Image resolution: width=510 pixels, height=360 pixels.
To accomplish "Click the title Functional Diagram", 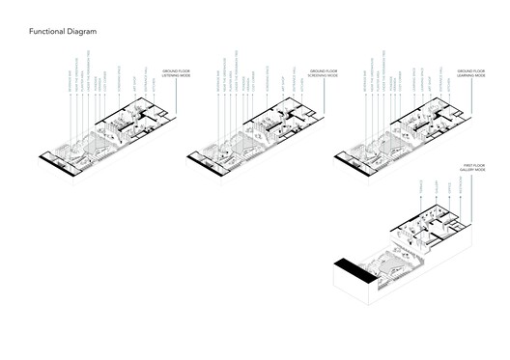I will tap(63, 32).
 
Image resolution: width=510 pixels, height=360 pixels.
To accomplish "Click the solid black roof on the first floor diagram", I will tap(351, 267).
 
